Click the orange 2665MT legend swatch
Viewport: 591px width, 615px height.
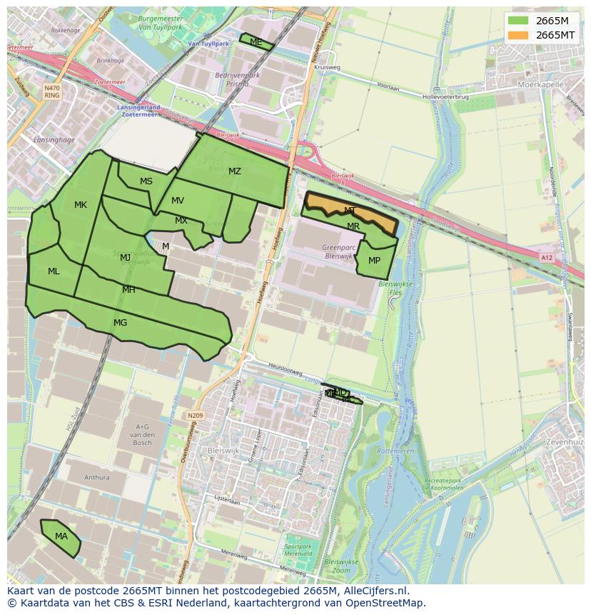[519, 35]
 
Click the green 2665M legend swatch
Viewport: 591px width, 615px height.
[519, 21]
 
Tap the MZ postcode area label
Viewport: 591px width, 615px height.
[235, 171]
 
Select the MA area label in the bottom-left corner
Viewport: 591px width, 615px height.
[61, 536]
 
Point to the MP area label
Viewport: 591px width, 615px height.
[374, 261]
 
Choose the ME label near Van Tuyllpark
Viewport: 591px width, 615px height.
[256, 42]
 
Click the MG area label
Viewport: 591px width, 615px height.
[120, 323]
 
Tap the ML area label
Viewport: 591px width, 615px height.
[54, 271]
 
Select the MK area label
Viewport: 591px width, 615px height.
[81, 205]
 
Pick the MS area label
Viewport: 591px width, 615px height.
[146, 181]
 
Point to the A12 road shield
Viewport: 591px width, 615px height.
[547, 258]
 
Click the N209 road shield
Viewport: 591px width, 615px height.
[195, 415]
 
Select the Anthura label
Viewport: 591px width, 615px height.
[97, 477]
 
